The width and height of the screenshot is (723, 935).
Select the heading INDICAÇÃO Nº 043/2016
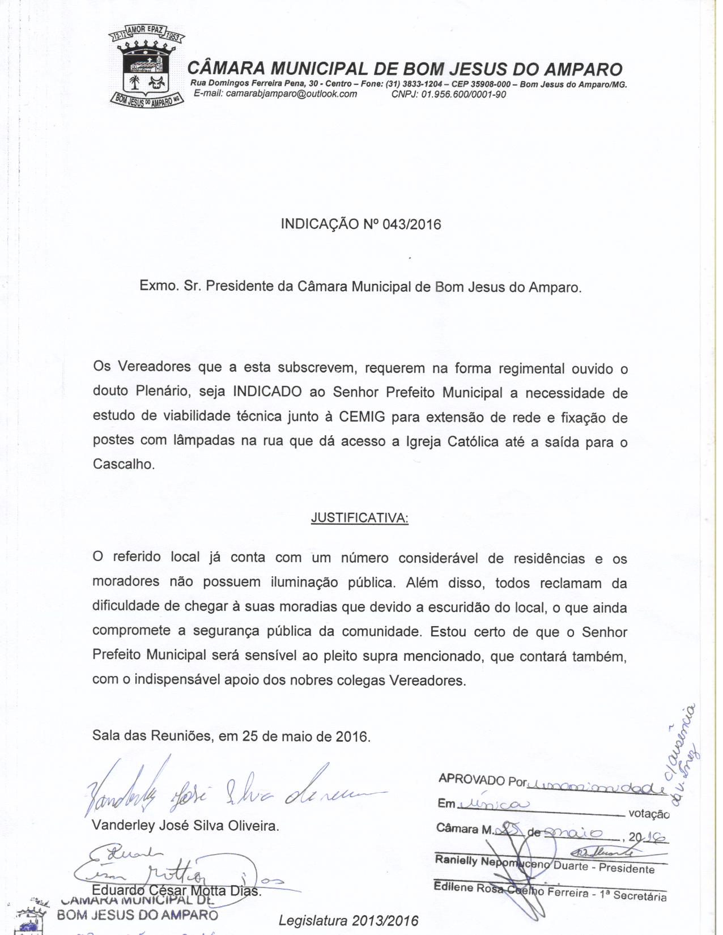pyautogui.click(x=360, y=224)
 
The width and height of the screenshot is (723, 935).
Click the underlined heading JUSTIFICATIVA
pyautogui.click(x=359, y=518)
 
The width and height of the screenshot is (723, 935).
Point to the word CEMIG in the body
pyautogui.click(x=362, y=418)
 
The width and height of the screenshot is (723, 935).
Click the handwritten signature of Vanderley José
pyautogui.click(x=227, y=788)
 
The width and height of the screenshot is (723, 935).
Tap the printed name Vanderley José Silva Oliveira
pyautogui.click(x=185, y=826)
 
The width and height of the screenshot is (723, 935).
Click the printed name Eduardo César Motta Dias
pyautogui.click(x=176, y=890)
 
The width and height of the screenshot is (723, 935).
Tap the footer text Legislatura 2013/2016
pyautogui.click(x=348, y=920)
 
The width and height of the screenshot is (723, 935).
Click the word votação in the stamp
pyautogui.click(x=649, y=814)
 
